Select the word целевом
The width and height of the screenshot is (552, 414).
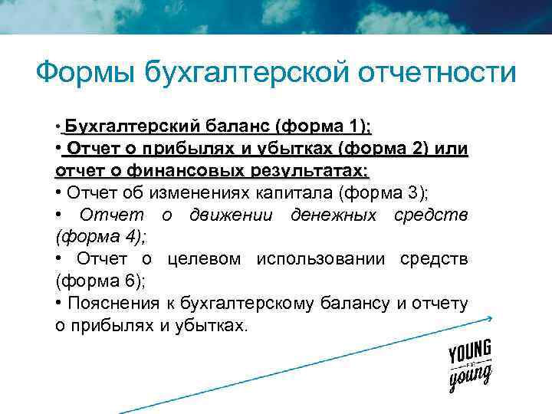pyautogui.click(x=202, y=258)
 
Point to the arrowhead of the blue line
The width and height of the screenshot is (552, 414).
pyautogui.click(x=488, y=318)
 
